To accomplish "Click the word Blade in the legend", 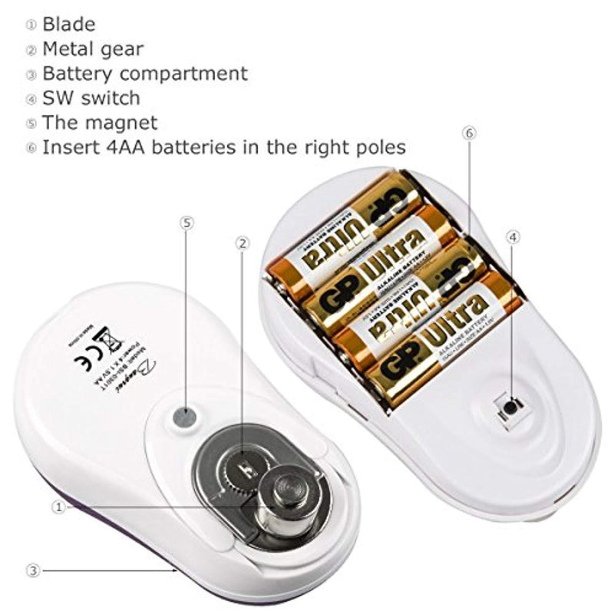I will click(68, 24).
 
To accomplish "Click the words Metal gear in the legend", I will click(93, 49).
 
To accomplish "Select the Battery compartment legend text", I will click(145, 74).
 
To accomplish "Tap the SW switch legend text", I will click(91, 97).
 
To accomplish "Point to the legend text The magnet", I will click(100, 122).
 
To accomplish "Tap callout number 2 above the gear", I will click(243, 243).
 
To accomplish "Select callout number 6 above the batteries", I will click(470, 133).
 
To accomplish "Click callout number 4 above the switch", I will click(513, 236).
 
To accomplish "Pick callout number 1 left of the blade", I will click(58, 507).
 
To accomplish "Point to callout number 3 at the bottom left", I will click(32, 570).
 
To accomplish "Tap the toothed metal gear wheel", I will click(244, 466).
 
